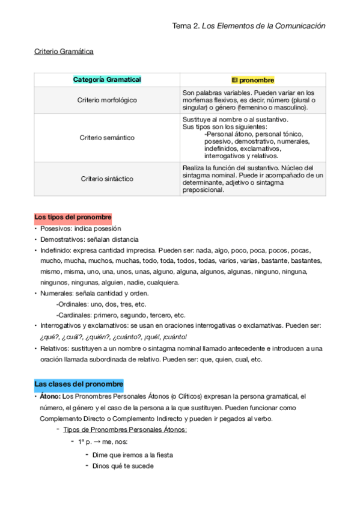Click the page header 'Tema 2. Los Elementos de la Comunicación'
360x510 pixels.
[x=249, y=26]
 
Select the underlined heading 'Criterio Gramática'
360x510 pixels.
[x=64, y=52]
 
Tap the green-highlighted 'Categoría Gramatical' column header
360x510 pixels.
[x=107, y=79]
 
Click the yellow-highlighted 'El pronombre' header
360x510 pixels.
[x=252, y=80]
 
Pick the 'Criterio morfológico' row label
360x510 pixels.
[x=107, y=100]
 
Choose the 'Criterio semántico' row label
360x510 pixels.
[x=107, y=138]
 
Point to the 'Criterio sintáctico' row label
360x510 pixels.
[x=107, y=179]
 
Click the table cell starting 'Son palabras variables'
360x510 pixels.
[x=252, y=100]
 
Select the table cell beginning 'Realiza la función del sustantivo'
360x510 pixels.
[x=252, y=179]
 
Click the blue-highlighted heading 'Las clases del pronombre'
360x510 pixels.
[x=79, y=383]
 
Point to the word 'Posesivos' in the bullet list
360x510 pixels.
[x=55, y=229]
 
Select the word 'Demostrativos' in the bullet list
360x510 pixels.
[x=61, y=239]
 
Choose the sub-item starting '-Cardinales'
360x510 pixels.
[x=120, y=315]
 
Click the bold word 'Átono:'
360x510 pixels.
[x=50, y=396]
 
